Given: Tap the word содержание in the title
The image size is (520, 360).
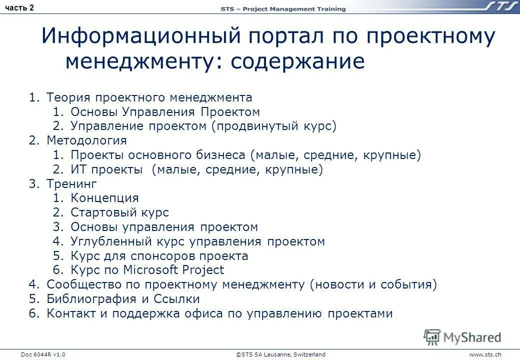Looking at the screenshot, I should tap(297, 61).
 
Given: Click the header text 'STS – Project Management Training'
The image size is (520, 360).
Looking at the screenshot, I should tap(283, 9).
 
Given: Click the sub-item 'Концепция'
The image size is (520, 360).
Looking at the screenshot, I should tap(104, 198).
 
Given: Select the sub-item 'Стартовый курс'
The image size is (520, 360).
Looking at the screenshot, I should tap(119, 213).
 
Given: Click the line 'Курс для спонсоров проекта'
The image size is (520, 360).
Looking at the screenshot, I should tap(159, 256).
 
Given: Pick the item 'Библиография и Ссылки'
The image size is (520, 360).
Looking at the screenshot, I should tap(123, 299).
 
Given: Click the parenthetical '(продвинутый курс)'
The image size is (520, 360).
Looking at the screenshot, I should tap(273, 126).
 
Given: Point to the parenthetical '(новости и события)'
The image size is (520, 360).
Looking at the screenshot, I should tap(373, 285).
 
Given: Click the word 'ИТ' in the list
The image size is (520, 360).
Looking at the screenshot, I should tap(78, 169).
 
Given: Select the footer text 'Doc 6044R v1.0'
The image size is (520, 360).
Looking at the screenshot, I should tap(43, 354).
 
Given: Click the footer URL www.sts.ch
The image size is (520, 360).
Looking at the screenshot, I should tap(485, 354).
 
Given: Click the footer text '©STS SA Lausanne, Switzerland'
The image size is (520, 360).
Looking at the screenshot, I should tap(280, 354).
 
